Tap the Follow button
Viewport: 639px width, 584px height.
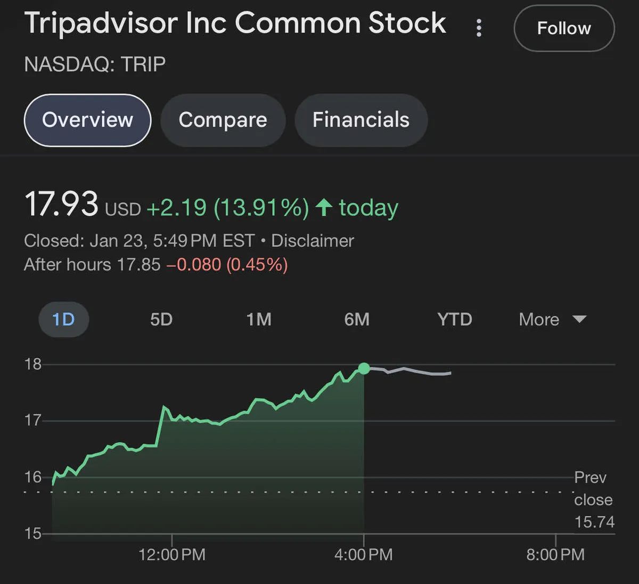[x=564, y=28]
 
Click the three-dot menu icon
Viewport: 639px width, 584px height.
[x=479, y=28]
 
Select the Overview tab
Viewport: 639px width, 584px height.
[x=88, y=120]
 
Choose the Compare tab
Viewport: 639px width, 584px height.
[x=223, y=120]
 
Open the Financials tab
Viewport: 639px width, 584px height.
[x=361, y=120]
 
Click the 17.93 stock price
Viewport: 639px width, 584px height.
[x=61, y=204]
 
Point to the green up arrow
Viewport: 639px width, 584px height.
[x=324, y=207]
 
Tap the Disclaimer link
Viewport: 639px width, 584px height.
[x=313, y=241]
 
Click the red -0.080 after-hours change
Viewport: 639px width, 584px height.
[x=193, y=265]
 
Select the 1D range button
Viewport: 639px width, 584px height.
[x=63, y=319]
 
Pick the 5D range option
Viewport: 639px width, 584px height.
[x=161, y=319]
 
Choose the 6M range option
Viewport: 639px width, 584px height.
[x=357, y=319]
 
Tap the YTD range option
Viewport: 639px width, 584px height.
[x=455, y=319]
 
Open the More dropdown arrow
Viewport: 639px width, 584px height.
[x=579, y=319]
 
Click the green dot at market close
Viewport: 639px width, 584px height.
[x=364, y=368]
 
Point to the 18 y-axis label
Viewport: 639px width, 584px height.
[x=33, y=364]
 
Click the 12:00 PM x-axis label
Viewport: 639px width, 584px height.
[x=171, y=555]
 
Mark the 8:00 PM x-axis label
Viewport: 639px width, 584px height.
[x=555, y=555]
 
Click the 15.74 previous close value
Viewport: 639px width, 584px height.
[x=594, y=522]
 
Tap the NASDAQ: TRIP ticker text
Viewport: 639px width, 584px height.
[x=95, y=64]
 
